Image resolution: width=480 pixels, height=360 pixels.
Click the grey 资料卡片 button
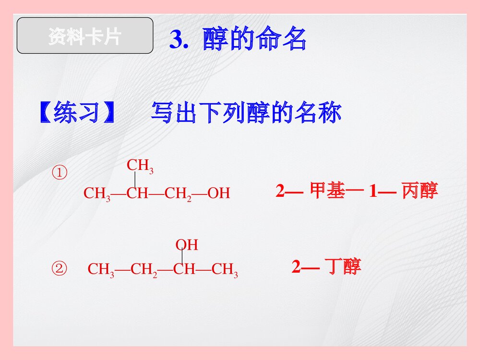(x=85, y=36)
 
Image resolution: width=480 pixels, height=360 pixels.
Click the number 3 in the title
(x=176, y=41)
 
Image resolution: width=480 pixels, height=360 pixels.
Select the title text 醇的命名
(x=254, y=40)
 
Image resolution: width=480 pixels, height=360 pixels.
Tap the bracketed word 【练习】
(x=77, y=113)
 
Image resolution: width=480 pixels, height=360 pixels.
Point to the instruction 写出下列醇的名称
(x=246, y=113)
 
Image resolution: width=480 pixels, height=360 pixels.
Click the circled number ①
(x=60, y=173)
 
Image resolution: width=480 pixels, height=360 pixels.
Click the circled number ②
(x=60, y=269)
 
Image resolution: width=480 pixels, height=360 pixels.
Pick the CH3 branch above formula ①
(x=140, y=166)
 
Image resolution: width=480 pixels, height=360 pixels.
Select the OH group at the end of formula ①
(x=219, y=193)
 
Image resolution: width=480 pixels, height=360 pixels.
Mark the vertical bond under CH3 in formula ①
(x=135, y=180)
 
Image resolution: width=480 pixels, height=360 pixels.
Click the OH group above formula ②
(x=187, y=245)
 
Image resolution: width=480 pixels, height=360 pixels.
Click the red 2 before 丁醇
(x=296, y=266)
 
